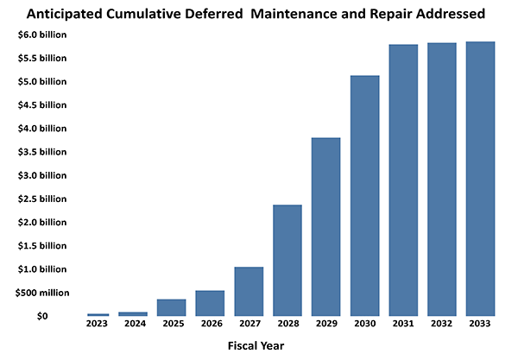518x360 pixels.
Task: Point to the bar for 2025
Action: (171, 307)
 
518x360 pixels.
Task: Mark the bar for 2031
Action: (404, 180)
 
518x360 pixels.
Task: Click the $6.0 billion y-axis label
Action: (39, 35)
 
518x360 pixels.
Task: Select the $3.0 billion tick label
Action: (39, 175)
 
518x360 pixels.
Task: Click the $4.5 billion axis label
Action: (39, 105)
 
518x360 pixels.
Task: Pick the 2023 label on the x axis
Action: (98, 324)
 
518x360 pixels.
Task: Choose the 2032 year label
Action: (443, 324)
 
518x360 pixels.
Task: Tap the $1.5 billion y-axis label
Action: (39, 246)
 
